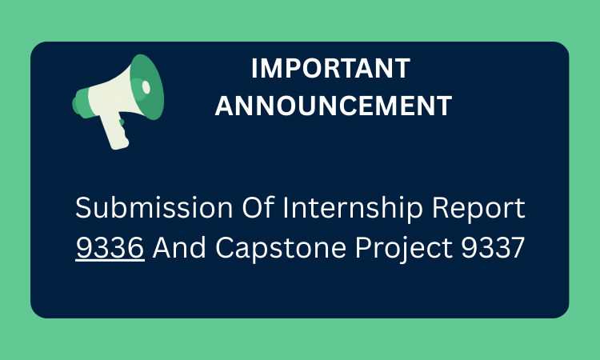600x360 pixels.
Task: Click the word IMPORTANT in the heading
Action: coord(330,70)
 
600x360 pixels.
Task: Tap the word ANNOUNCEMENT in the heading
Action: coord(334,106)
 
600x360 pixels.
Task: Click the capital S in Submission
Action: coord(83,210)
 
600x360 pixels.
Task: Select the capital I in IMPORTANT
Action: coord(255,70)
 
